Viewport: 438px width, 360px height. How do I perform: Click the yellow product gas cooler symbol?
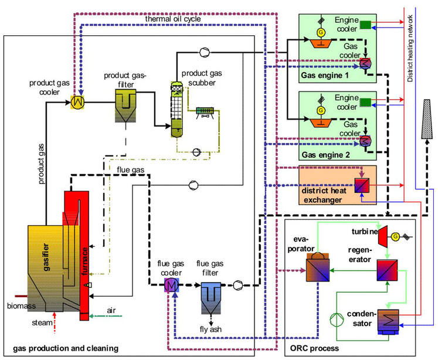78,101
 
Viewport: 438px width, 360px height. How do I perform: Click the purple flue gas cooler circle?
171,285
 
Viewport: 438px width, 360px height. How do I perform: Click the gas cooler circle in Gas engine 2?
364,141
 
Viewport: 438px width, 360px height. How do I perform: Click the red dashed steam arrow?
54,320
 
